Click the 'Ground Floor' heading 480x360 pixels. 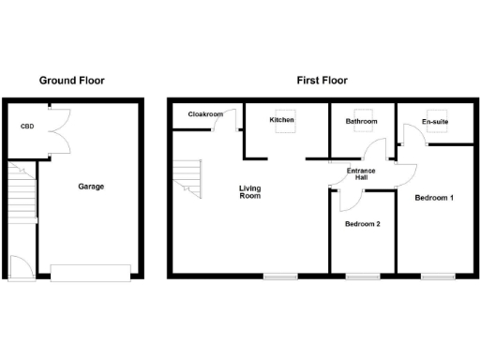point(71,81)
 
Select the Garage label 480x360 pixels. point(90,187)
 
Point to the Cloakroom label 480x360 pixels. point(205,114)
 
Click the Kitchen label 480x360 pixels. point(282,121)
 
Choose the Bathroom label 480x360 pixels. point(361,122)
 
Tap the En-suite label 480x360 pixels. point(434,122)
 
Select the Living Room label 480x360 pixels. point(248,192)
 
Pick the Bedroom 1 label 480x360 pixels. point(434,198)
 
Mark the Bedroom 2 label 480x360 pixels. point(362,224)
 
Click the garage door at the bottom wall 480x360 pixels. point(90,272)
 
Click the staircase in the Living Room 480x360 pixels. point(187,177)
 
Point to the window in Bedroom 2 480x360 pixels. point(362,276)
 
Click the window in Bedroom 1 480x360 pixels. point(437,276)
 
